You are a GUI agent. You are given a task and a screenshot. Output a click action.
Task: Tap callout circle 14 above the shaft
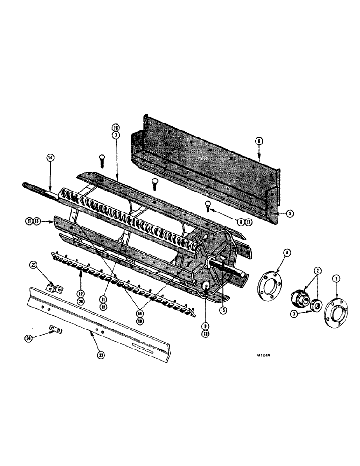(x=50, y=158)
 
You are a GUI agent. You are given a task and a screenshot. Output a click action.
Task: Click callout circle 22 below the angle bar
(x=101, y=355)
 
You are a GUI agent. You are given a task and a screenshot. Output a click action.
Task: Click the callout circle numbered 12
(x=81, y=294)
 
